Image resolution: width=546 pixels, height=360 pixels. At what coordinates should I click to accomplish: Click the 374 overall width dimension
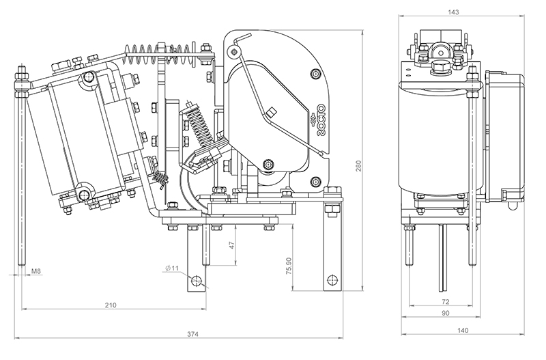[x=192, y=334]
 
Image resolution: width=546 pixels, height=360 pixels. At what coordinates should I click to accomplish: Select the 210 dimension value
[x=110, y=305]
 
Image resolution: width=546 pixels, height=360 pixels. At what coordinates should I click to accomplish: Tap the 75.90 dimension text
[x=291, y=263]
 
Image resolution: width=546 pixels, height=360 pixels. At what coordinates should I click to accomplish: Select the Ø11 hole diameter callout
[x=171, y=268]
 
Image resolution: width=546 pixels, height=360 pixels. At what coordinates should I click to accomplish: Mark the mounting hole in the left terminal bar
[x=197, y=281]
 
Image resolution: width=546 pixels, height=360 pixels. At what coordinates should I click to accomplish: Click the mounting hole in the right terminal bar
[x=332, y=280]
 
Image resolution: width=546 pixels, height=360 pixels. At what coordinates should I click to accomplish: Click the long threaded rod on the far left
[x=23, y=171]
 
